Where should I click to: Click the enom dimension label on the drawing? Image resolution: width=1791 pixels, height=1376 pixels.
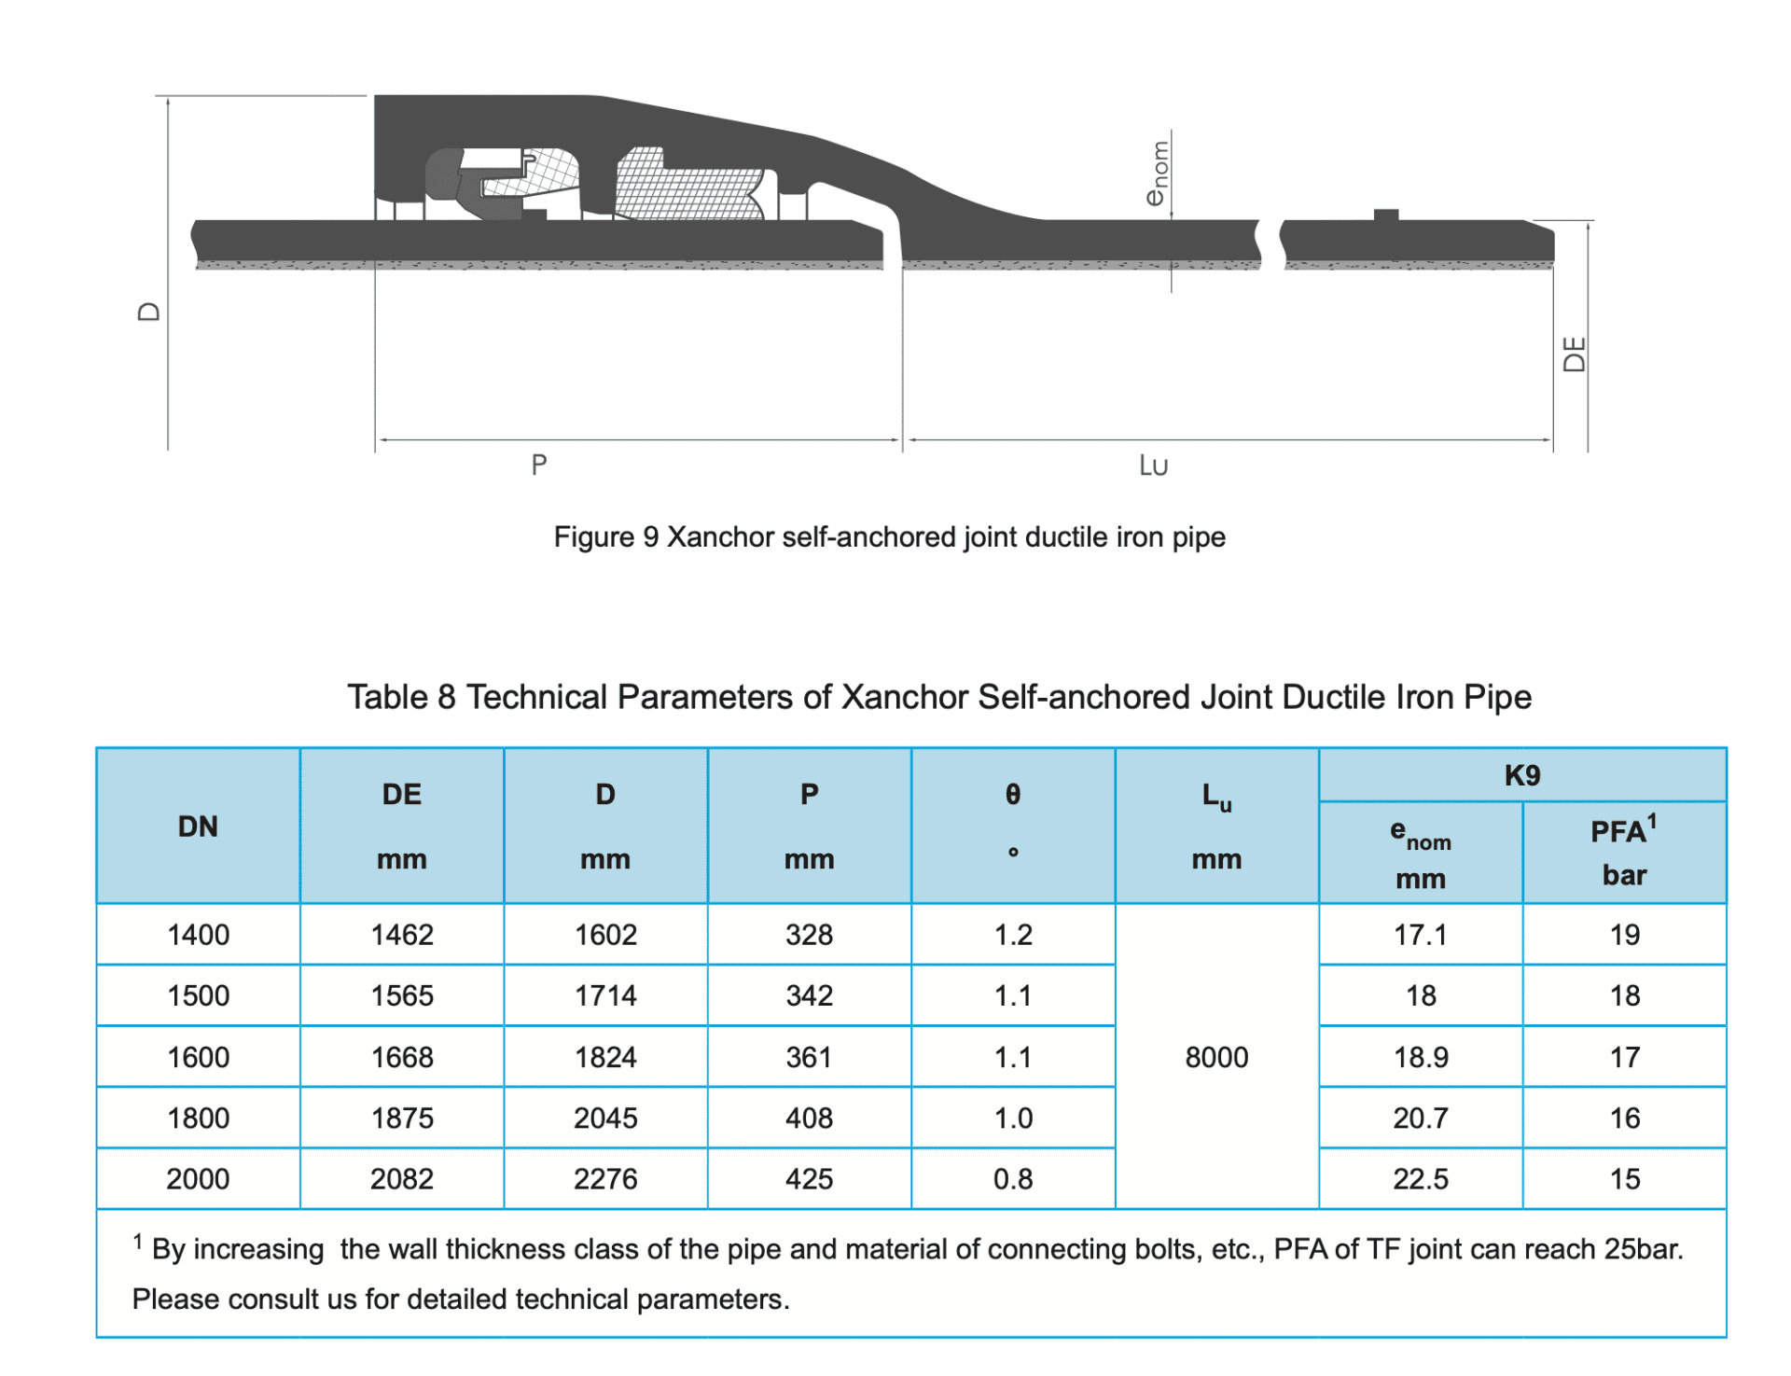(1158, 174)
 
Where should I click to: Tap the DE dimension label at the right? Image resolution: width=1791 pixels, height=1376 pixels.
(1574, 354)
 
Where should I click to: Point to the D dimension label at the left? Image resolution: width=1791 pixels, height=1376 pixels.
(149, 312)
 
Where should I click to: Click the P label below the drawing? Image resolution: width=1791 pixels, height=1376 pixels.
(538, 465)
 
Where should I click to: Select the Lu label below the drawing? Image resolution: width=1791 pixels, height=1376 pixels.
(1153, 466)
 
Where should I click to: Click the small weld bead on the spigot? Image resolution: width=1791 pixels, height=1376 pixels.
(1386, 215)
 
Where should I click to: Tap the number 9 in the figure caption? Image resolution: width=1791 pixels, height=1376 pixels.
(650, 537)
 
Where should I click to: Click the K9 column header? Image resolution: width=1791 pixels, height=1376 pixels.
(1521, 775)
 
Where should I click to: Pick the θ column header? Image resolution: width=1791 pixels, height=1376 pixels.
(1012, 795)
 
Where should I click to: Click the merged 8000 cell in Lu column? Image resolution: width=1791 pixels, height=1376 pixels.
(1215, 1057)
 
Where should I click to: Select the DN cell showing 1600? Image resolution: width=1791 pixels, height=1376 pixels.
(198, 1057)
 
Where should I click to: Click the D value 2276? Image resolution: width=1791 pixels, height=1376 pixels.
(605, 1179)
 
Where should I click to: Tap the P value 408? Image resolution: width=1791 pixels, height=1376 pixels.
(809, 1118)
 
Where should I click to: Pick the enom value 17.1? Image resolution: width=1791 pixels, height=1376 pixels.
(1420, 935)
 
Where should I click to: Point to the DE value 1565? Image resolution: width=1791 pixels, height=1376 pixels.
(402, 995)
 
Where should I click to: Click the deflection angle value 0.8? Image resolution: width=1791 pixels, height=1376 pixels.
(1012, 1179)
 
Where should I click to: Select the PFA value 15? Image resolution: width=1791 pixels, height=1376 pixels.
(1623, 1179)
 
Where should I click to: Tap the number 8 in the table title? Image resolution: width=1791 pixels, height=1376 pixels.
(446, 698)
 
